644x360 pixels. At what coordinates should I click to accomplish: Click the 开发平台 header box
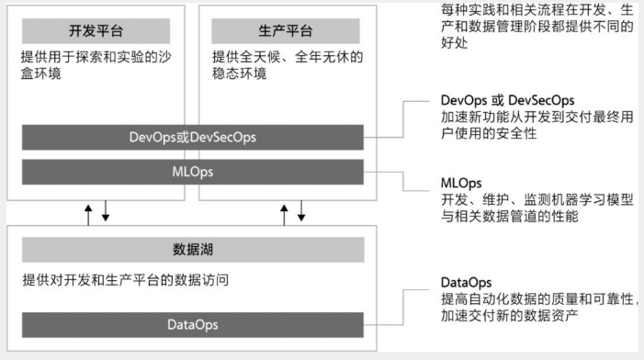95,31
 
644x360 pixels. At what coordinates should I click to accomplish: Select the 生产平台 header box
288,31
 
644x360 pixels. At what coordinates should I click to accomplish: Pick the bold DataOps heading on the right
467,283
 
